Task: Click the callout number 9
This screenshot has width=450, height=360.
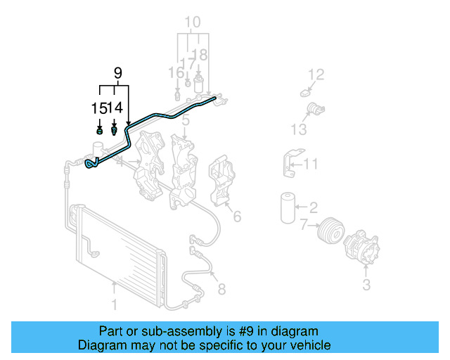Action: pyautogui.click(x=117, y=72)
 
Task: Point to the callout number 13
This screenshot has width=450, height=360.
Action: pyautogui.click(x=299, y=130)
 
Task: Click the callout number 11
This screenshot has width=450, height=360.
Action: pyautogui.click(x=311, y=165)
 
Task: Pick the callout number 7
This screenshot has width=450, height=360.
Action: pyautogui.click(x=304, y=226)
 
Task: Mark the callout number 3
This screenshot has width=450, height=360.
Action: pyautogui.click(x=366, y=284)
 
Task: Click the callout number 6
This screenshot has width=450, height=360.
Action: pyautogui.click(x=237, y=216)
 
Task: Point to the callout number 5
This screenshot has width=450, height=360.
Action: pyautogui.click(x=185, y=122)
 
